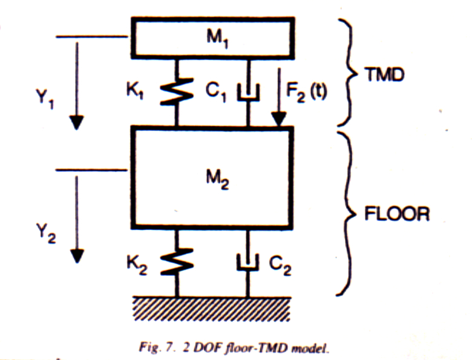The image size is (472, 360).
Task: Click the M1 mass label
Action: click(x=212, y=41)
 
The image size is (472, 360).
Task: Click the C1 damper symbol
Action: click(x=248, y=93)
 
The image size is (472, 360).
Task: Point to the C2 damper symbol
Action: click(x=248, y=264)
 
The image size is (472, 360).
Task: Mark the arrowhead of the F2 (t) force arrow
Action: click(x=280, y=121)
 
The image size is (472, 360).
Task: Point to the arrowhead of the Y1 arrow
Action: click(x=76, y=123)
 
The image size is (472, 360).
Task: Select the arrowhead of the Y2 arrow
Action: click(x=76, y=257)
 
